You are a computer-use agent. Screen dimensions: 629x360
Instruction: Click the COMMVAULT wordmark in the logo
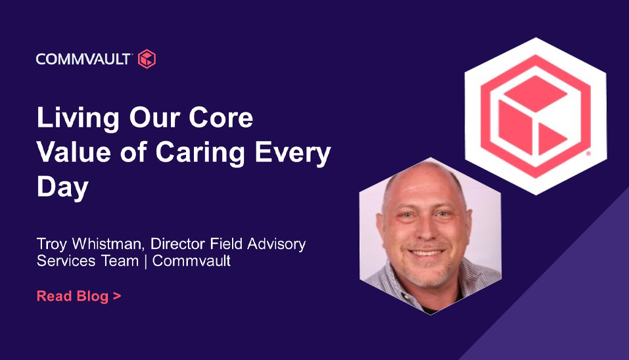tap(83, 59)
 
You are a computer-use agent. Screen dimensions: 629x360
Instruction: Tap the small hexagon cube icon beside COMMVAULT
tap(147, 59)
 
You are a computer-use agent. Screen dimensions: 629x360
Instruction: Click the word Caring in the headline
tap(200, 154)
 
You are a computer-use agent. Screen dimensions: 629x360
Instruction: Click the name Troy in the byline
tap(52, 244)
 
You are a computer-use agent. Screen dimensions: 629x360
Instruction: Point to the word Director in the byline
tap(178, 244)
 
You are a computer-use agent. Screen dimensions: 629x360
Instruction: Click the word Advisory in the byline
tap(277, 244)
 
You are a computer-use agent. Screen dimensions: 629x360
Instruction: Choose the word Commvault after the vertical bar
tap(191, 261)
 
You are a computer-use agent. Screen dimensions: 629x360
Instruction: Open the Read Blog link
tap(79, 296)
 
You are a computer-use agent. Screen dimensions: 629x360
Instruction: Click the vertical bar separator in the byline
tap(145, 261)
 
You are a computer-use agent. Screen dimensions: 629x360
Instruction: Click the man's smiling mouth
tap(427, 252)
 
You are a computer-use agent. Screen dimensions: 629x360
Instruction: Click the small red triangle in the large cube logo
tap(550, 139)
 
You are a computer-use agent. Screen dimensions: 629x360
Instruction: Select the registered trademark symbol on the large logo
tap(588, 153)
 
